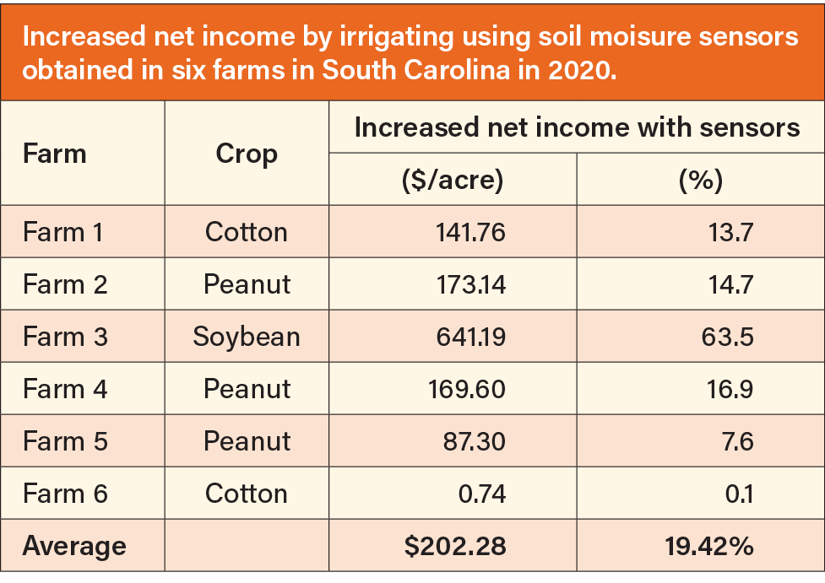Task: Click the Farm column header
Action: [x=55, y=154]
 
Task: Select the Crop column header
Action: [x=247, y=154]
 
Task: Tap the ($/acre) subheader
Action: [x=453, y=180]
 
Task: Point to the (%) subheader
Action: [x=700, y=180]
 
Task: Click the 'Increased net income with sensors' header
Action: [x=577, y=127]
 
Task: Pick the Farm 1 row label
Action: [x=63, y=232]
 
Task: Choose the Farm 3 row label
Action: [x=65, y=337]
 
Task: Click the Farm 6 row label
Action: [x=65, y=494]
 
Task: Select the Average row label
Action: [x=74, y=546]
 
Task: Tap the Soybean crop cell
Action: [x=247, y=337]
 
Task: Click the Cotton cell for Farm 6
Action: [x=247, y=494]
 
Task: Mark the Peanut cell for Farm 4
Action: [x=247, y=389]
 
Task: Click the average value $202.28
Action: [x=455, y=546]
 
